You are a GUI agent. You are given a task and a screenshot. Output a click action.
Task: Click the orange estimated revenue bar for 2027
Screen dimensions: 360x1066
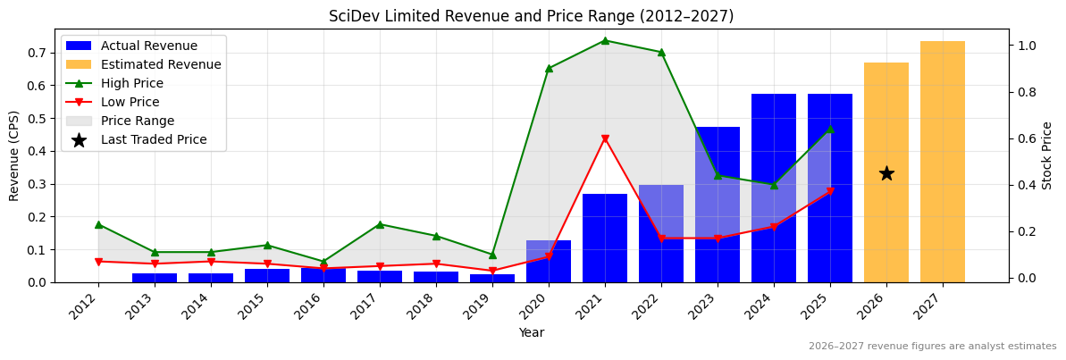pyautogui.click(x=942, y=162)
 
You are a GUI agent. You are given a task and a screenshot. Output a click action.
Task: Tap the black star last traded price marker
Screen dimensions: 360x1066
pyautogui.click(x=886, y=173)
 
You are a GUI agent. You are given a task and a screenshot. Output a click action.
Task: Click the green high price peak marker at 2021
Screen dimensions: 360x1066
pyautogui.click(x=605, y=40)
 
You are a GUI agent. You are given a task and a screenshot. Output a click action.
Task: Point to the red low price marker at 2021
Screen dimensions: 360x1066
pyautogui.click(x=605, y=139)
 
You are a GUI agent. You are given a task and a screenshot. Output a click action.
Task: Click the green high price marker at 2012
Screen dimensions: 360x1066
pyautogui.click(x=98, y=224)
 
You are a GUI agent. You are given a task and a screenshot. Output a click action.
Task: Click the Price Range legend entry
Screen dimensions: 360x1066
pyautogui.click(x=138, y=121)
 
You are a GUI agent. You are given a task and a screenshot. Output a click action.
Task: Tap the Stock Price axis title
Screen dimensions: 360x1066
pyautogui.click(x=1047, y=155)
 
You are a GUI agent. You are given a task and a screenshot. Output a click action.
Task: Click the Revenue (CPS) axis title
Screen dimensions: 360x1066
pyautogui.click(x=13, y=155)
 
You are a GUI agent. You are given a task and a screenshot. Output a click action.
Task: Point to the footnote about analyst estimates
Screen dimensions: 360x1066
pyautogui.click(x=932, y=347)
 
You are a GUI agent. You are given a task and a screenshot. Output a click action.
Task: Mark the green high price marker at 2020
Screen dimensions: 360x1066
pyautogui.click(x=549, y=68)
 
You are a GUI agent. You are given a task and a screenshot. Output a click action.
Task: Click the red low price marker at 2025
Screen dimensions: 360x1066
pyautogui.click(x=829, y=191)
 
